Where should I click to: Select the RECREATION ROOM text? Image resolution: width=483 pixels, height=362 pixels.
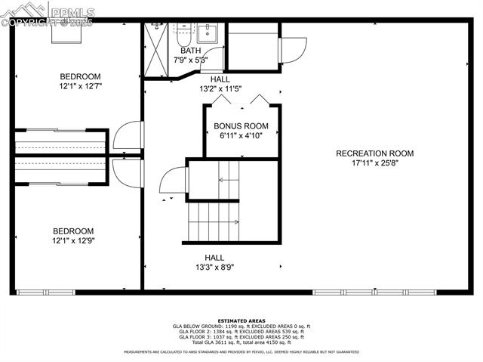[374, 153]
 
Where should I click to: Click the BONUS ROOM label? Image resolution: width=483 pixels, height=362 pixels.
[241, 126]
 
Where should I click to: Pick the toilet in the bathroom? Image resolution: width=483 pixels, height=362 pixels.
[184, 32]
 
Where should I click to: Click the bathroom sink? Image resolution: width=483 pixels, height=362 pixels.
[208, 32]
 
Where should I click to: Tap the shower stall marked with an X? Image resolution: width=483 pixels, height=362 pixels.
[155, 49]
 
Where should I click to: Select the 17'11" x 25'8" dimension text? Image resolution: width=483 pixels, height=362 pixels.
[374, 162]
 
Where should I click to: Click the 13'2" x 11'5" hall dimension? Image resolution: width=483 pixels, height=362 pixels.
[220, 88]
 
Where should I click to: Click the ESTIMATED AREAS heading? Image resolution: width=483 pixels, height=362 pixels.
[241, 320]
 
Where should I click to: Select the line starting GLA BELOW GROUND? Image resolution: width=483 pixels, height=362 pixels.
[241, 326]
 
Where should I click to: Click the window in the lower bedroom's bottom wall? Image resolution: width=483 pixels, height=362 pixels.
[46, 292]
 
